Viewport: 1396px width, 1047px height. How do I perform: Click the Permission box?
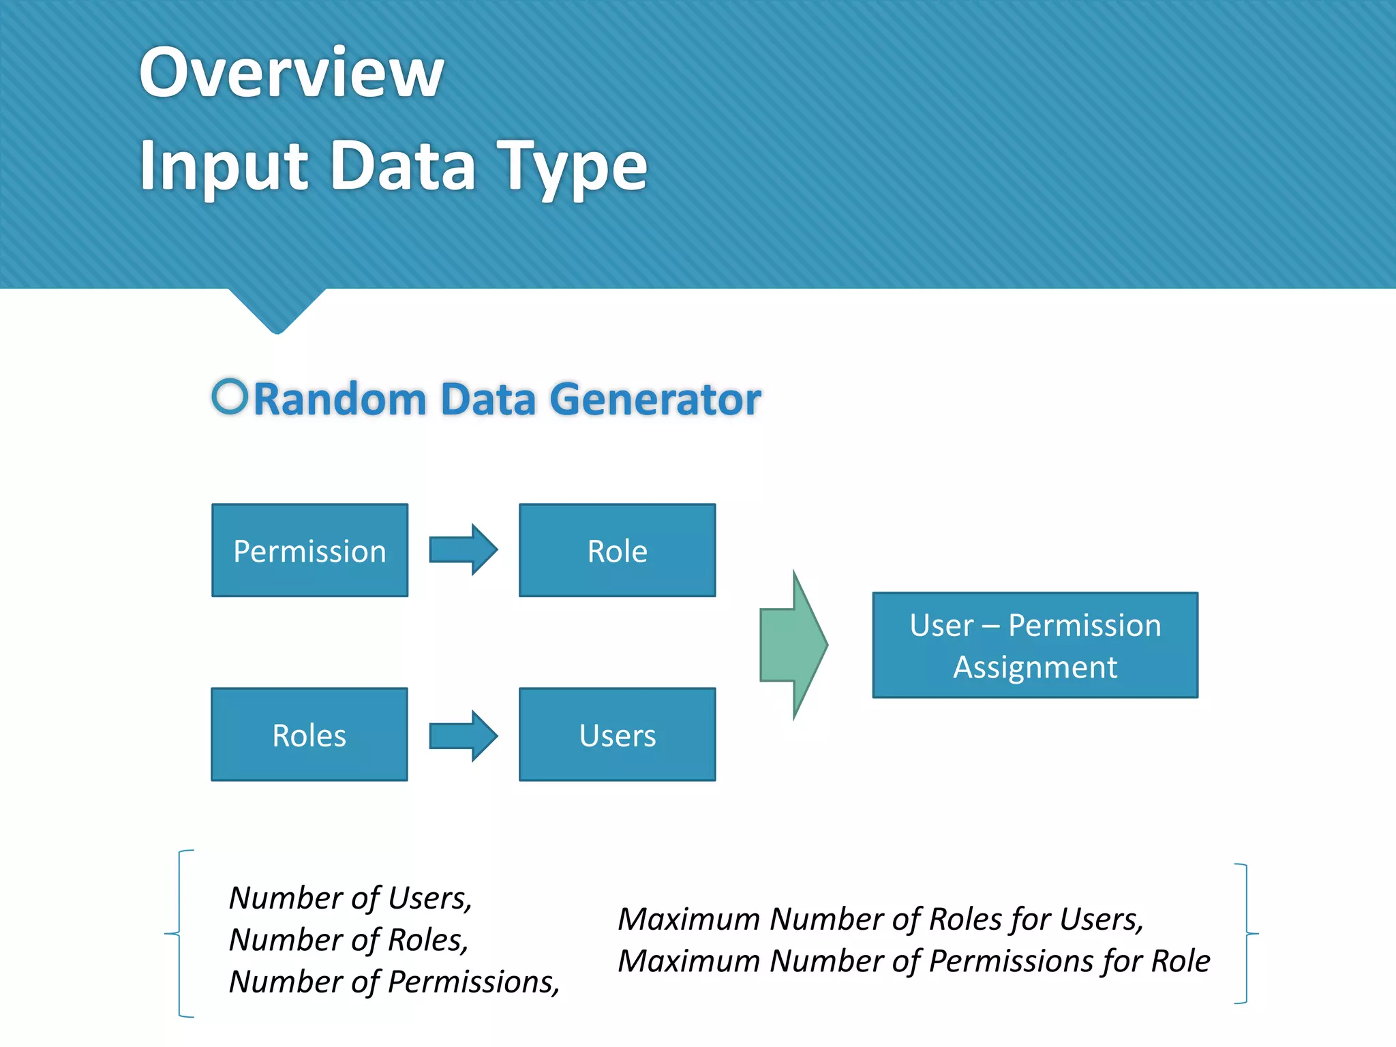tap(309, 550)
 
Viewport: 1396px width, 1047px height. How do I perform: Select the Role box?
tap(617, 550)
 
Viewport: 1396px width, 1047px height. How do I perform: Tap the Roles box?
tap(309, 734)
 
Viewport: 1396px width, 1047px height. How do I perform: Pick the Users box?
tap(617, 734)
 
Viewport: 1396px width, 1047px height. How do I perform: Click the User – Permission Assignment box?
tap(1035, 645)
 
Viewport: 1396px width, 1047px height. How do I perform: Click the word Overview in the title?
tap(292, 72)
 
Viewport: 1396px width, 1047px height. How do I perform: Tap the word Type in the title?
tap(571, 166)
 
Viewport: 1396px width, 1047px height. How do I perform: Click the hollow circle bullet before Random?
tap(230, 396)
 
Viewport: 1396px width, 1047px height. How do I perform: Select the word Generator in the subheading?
tap(654, 399)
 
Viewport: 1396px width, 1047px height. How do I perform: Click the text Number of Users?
tap(350, 898)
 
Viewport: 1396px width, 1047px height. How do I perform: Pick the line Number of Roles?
tap(348, 940)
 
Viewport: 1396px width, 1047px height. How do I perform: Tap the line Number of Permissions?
tap(394, 982)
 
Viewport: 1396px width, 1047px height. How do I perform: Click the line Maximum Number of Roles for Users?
tap(880, 919)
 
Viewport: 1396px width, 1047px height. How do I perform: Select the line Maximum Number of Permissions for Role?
tap(913, 961)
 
